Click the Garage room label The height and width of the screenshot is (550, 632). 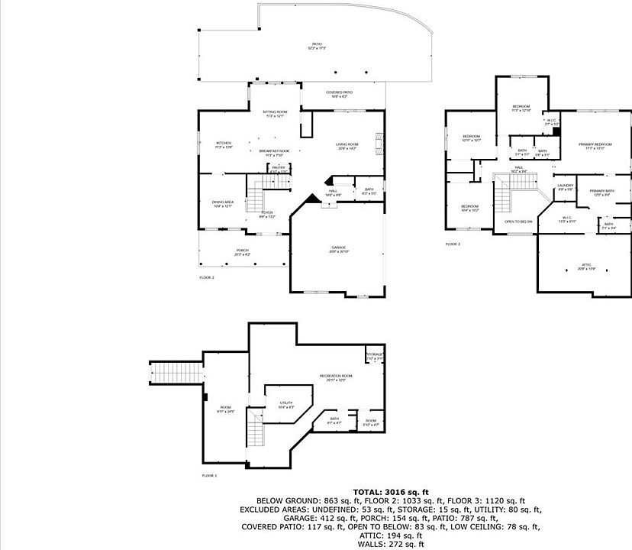tap(339, 248)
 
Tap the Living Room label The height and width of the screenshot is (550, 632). tap(348, 145)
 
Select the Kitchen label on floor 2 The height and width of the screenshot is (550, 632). tap(223, 144)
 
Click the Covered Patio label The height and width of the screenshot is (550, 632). tap(339, 94)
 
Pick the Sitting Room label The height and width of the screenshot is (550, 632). tap(275, 113)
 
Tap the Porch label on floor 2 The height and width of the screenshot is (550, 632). tap(243, 251)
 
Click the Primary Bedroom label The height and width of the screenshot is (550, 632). tap(595, 145)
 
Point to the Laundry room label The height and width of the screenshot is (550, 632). tap(566, 186)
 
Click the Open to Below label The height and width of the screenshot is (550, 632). tap(518, 222)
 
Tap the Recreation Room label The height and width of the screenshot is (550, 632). tap(336, 377)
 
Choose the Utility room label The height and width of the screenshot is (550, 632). tap(286, 405)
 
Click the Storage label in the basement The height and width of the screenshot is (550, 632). tap(374, 356)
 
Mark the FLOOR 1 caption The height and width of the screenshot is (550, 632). tap(209, 475)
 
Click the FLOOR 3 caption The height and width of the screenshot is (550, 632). tap(453, 244)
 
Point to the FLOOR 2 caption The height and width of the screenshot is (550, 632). tap(206, 277)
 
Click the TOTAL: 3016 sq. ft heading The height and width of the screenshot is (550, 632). tap(391, 491)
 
